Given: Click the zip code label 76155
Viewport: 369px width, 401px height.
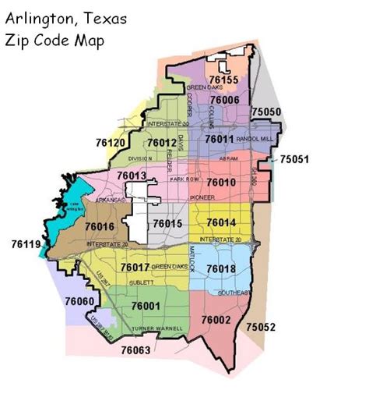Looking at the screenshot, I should click(x=223, y=80).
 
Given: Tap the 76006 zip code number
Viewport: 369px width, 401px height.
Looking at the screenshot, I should click(x=223, y=101).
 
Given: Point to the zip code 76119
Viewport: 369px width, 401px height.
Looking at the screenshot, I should click(x=23, y=244).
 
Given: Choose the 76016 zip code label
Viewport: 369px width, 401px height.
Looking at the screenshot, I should click(x=100, y=226).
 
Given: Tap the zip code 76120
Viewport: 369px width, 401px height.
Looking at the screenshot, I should click(x=111, y=144).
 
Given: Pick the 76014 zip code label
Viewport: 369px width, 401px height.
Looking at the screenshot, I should click(x=222, y=223).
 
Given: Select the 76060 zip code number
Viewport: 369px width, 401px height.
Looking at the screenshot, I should click(x=79, y=301).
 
